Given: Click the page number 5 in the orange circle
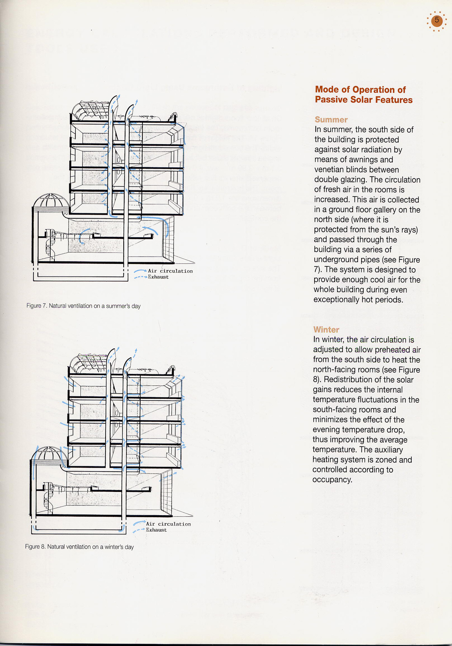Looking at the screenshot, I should [437, 20].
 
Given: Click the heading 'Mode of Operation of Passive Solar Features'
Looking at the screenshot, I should [363, 95].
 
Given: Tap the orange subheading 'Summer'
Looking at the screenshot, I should [331, 120].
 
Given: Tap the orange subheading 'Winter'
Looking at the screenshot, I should [326, 329].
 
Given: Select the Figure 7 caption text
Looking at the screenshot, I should [83, 306].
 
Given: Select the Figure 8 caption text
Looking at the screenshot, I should [79, 547].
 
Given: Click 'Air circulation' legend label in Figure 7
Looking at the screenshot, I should [170, 271].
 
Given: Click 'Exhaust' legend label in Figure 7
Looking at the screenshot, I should [158, 277].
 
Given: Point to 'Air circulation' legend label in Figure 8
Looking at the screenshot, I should [168, 524].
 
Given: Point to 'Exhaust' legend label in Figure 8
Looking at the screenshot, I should [156, 530].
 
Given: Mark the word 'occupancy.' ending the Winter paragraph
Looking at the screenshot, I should [332, 480].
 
